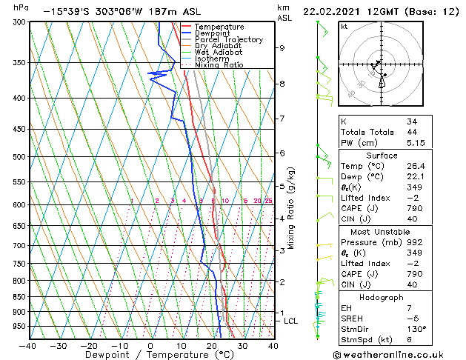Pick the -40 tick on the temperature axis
[x=28, y=345]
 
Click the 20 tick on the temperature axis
[x=212, y=345]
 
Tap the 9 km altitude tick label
[x=282, y=48]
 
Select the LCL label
[x=290, y=321]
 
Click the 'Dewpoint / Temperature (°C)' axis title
[x=150, y=355]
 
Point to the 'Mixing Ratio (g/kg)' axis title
[x=292, y=208]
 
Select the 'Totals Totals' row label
[x=366, y=132]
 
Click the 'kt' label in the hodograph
[x=344, y=26]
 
